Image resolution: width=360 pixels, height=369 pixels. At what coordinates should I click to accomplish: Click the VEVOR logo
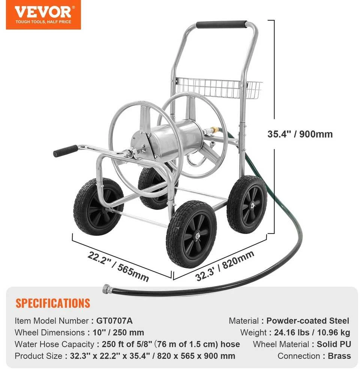(x=43, y=15)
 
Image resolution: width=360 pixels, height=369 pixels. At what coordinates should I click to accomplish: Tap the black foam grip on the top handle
(x=221, y=24)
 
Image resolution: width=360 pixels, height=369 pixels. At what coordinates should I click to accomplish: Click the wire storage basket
(x=219, y=88)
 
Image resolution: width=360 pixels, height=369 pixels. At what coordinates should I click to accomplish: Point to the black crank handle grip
(x=65, y=151)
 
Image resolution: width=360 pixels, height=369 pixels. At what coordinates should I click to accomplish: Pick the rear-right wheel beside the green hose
(x=247, y=204)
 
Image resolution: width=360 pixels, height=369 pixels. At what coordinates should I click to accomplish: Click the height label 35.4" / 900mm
(x=300, y=134)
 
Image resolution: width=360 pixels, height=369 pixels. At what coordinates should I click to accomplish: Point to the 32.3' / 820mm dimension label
(x=225, y=266)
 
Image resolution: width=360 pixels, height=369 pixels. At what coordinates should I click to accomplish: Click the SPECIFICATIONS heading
(x=53, y=303)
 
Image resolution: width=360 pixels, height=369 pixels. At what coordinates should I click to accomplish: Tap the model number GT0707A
(x=114, y=321)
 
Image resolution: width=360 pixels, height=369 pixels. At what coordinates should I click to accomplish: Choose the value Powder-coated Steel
(x=308, y=321)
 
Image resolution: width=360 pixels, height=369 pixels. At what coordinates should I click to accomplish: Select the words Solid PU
(x=334, y=344)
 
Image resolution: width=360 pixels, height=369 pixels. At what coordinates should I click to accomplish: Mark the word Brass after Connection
(x=339, y=356)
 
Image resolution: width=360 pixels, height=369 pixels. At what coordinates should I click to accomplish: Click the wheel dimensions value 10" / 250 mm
(x=118, y=333)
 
